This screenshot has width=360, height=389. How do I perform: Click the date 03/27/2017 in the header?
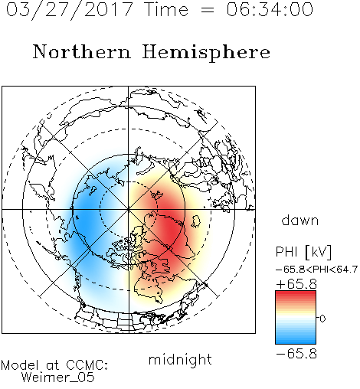[x=70, y=10]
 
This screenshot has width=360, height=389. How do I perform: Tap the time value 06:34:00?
[x=270, y=9]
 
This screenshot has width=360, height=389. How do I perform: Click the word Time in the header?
[x=166, y=9]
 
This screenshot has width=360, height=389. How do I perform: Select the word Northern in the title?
[x=82, y=51]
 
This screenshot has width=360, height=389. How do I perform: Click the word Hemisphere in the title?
[x=206, y=53]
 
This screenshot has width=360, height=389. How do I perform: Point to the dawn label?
[x=300, y=220]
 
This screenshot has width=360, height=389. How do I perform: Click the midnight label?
[x=180, y=359]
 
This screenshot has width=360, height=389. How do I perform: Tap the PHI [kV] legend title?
[x=303, y=252]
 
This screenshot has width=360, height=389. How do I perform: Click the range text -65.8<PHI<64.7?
[x=316, y=270]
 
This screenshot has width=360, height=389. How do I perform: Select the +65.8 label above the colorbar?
[x=296, y=284]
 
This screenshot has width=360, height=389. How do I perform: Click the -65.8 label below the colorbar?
[x=296, y=354]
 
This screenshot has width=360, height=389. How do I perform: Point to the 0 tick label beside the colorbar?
[x=322, y=319]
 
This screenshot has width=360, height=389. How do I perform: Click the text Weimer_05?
[x=58, y=378]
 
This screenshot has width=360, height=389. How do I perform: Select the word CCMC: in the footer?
[x=87, y=365]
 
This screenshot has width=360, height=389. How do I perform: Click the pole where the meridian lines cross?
[x=129, y=210]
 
